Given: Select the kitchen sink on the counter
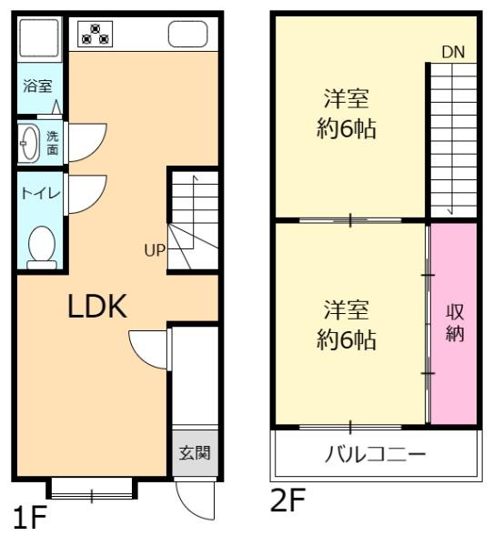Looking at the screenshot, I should pos(188,35).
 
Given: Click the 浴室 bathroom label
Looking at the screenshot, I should pos(37,87).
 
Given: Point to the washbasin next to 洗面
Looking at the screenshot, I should pos(29,142).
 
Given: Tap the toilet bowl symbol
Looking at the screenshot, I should pos(40,245).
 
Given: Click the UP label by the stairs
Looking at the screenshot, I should pos(153,248).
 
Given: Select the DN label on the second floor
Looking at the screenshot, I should pos(452,52).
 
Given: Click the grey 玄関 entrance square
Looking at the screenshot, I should pos(194,453).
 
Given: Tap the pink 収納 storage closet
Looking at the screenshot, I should pos(454,323).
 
